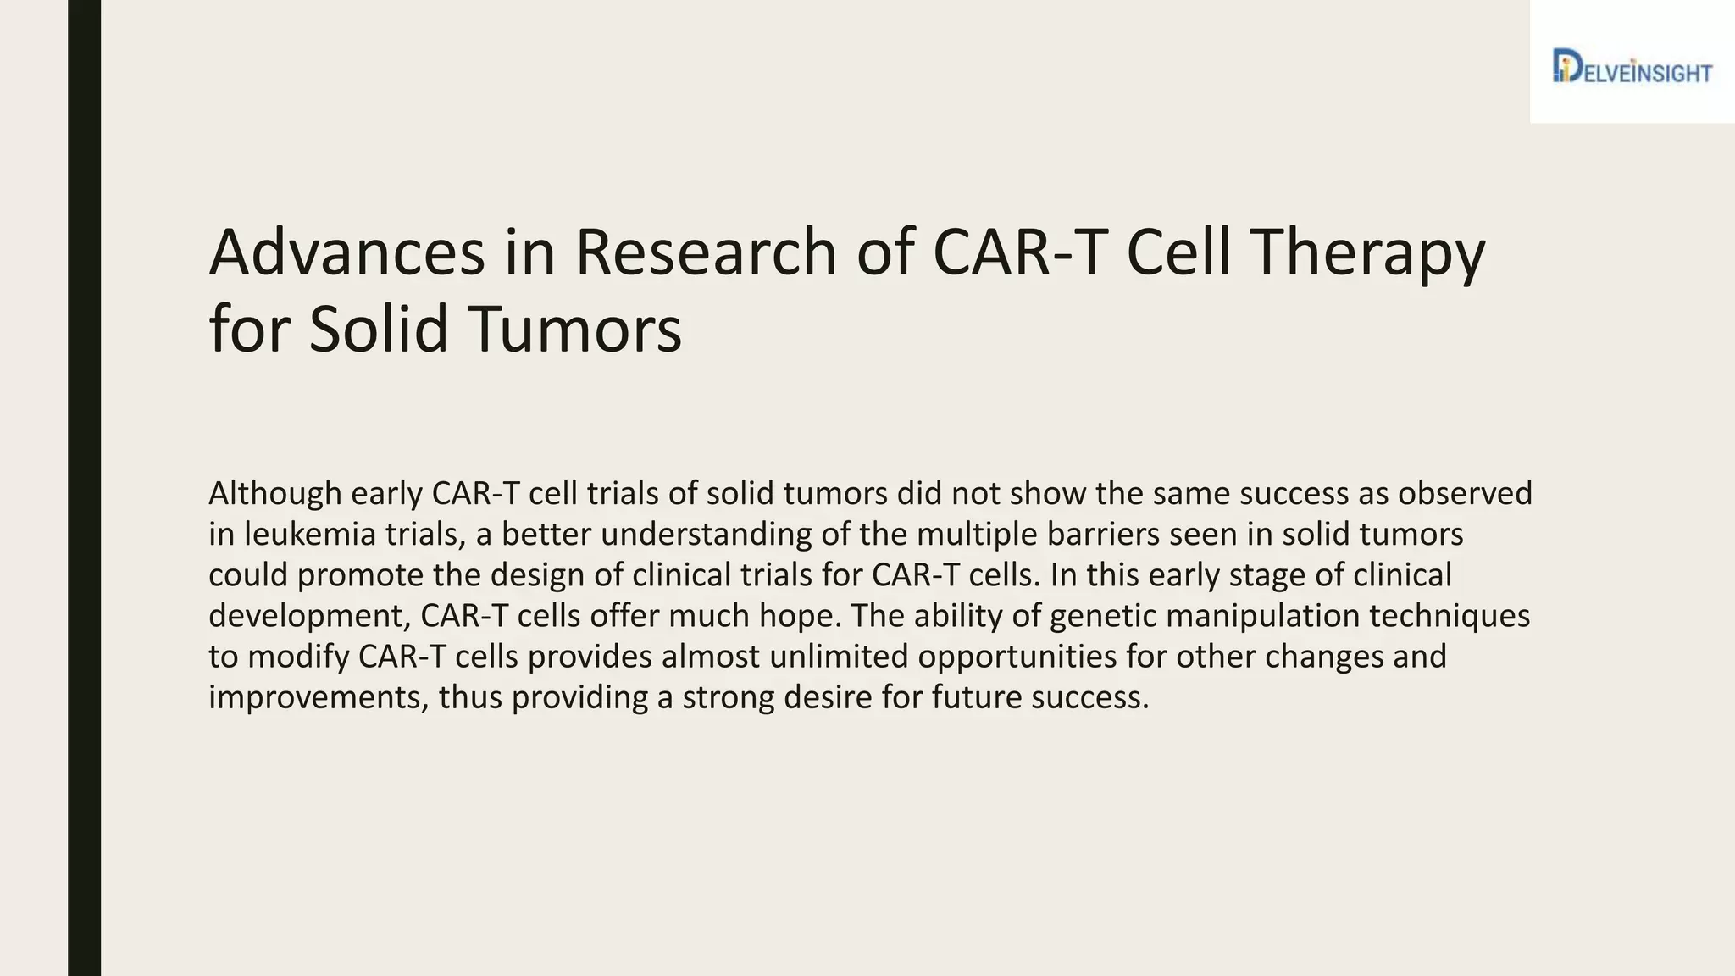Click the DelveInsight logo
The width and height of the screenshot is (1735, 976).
click(x=1632, y=67)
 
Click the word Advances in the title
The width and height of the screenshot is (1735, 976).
click(x=346, y=252)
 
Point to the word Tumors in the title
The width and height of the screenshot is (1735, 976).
click(x=579, y=329)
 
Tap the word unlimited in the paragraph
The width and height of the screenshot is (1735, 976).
click(x=839, y=657)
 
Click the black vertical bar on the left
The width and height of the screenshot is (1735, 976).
click(x=84, y=488)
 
